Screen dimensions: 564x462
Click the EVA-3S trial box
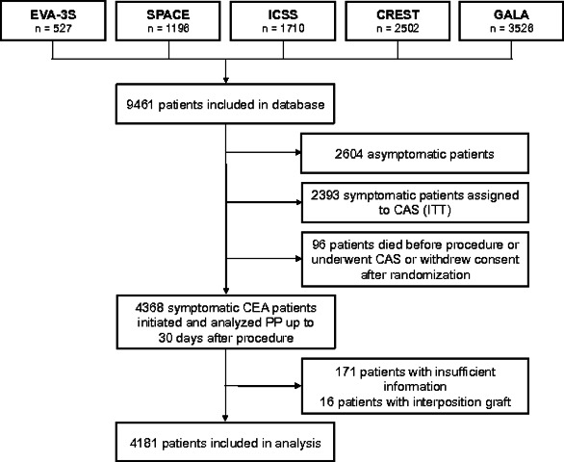(53, 20)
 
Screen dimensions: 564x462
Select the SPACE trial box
(168, 21)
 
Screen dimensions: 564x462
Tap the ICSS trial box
(283, 21)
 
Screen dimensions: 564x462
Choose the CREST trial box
(397, 21)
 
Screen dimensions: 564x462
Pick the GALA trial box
(511, 21)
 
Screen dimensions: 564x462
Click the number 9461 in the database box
(140, 105)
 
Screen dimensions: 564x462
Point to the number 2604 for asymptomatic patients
(348, 154)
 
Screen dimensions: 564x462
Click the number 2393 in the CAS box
(324, 195)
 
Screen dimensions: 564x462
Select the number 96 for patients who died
(319, 244)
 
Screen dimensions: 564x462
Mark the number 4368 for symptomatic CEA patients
(149, 308)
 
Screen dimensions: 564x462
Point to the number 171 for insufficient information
(346, 372)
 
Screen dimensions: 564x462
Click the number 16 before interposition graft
(327, 402)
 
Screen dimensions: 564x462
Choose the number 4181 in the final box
(143, 443)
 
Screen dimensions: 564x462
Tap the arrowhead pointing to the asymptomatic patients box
(298, 153)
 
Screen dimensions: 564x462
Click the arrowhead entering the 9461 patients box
(225, 80)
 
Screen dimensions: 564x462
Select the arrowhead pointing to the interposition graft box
(298, 386)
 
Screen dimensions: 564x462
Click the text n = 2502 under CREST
(397, 28)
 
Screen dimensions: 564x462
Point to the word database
(298, 105)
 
